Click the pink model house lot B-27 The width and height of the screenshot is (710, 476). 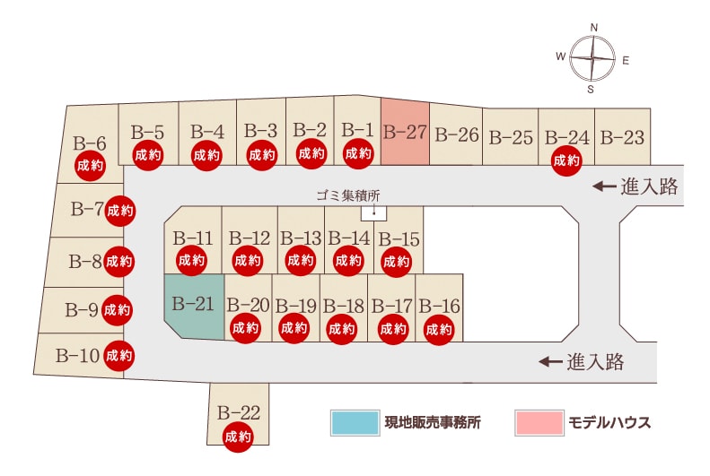(x=405, y=133)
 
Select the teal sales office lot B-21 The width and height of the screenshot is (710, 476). (x=194, y=306)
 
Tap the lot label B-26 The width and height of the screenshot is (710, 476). (x=456, y=134)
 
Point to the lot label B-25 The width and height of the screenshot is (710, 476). (x=511, y=137)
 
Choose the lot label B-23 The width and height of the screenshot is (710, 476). (x=622, y=137)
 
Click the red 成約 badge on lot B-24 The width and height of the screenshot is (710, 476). (x=566, y=160)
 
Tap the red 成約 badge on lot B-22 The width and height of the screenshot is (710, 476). (x=238, y=437)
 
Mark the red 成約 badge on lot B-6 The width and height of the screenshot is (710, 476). (x=90, y=166)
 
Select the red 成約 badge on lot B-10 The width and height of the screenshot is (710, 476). (x=119, y=356)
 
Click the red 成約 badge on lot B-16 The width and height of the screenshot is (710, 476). (x=439, y=330)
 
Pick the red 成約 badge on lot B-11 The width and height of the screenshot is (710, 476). (x=191, y=260)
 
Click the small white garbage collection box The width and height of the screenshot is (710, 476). (x=374, y=213)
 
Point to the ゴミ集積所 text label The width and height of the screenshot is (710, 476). (x=348, y=195)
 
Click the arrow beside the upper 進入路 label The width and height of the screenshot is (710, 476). (x=604, y=186)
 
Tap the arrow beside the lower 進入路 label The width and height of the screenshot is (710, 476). (x=550, y=361)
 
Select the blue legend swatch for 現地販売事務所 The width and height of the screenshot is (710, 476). (x=355, y=422)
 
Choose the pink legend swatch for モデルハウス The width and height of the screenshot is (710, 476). (x=539, y=422)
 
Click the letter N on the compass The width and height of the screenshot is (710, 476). (x=594, y=28)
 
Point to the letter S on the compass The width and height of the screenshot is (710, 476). (x=591, y=90)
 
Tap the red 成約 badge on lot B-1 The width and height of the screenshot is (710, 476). (x=358, y=153)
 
